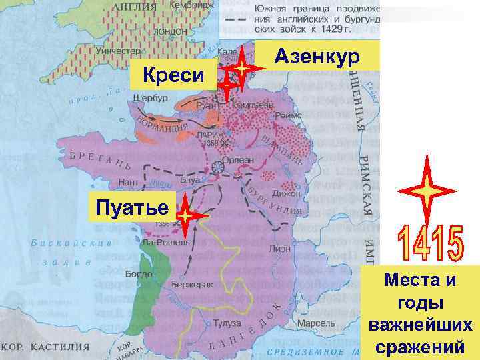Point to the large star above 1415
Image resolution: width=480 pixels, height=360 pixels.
[x=426, y=189]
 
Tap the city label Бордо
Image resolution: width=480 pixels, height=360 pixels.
[x=139, y=274]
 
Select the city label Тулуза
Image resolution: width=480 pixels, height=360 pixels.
[x=227, y=323]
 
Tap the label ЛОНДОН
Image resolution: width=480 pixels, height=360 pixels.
[x=169, y=31]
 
